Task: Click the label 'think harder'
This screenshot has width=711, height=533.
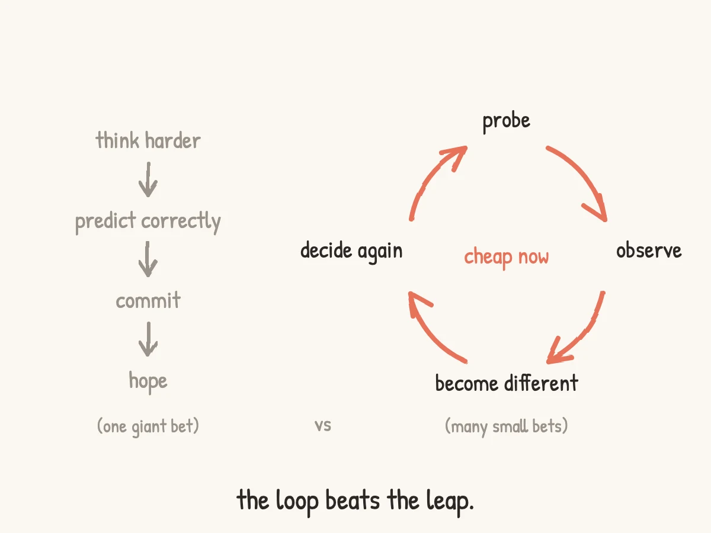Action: pos(148,140)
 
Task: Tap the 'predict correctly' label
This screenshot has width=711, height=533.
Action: pos(148,221)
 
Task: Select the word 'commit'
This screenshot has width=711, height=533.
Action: pos(148,300)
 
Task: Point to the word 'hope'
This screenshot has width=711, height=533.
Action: pos(148,382)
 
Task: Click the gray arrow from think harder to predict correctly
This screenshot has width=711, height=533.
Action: pos(148,179)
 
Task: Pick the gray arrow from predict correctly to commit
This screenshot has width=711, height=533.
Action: pos(148,259)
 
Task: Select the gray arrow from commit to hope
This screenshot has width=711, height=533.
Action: pos(148,339)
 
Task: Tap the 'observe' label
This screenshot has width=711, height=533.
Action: pos(649,251)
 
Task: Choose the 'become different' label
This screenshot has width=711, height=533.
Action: pos(507,383)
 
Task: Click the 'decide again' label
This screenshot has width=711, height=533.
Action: pos(351,252)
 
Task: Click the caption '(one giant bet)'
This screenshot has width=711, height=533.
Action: pos(148,426)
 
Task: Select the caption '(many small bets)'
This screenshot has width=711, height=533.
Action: pos(506,426)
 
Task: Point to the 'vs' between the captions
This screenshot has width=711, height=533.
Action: pos(323,426)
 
